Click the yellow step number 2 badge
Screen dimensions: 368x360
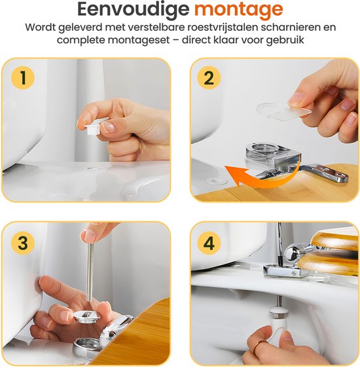click(209, 79)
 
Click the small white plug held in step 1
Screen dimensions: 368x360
click(94, 123)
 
